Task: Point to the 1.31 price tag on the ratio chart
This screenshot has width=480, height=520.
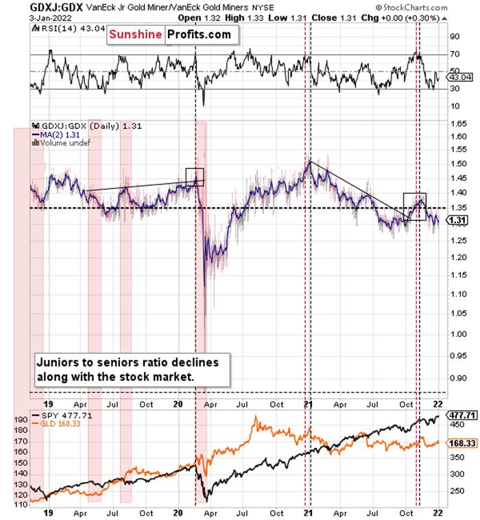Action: (457, 220)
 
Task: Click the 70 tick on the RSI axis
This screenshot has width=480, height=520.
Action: (455, 54)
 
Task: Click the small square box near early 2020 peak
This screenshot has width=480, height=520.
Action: (195, 177)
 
